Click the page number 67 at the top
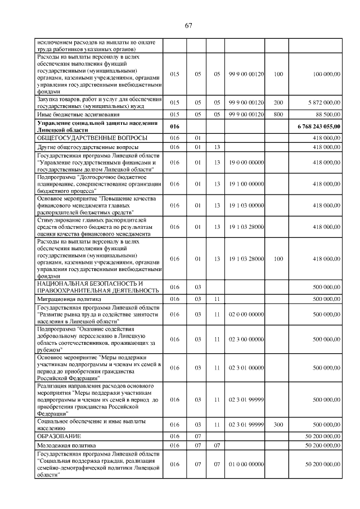188,25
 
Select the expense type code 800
278,114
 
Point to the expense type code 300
278,425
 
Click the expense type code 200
278,102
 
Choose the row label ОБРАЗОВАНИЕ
59,436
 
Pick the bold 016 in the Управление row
174,127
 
